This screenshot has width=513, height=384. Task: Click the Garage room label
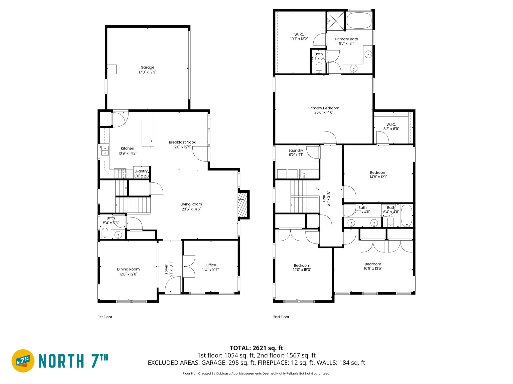(147, 67)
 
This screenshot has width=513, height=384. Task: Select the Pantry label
(142, 171)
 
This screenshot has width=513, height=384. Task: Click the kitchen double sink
(105, 151)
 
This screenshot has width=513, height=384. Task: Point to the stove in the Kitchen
(120, 173)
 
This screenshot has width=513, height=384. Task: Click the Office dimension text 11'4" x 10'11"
(211, 270)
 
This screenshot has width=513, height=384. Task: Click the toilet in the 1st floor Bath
(105, 233)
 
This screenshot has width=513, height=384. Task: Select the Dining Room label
(128, 269)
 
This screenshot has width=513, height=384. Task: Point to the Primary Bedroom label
(324, 108)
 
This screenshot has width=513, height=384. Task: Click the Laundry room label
(296, 150)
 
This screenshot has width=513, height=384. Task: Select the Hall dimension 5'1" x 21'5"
(328, 198)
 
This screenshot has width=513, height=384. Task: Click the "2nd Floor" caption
(281, 317)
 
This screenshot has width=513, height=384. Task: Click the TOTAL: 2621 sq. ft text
(256, 348)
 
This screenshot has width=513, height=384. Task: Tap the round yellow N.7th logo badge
(23, 361)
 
